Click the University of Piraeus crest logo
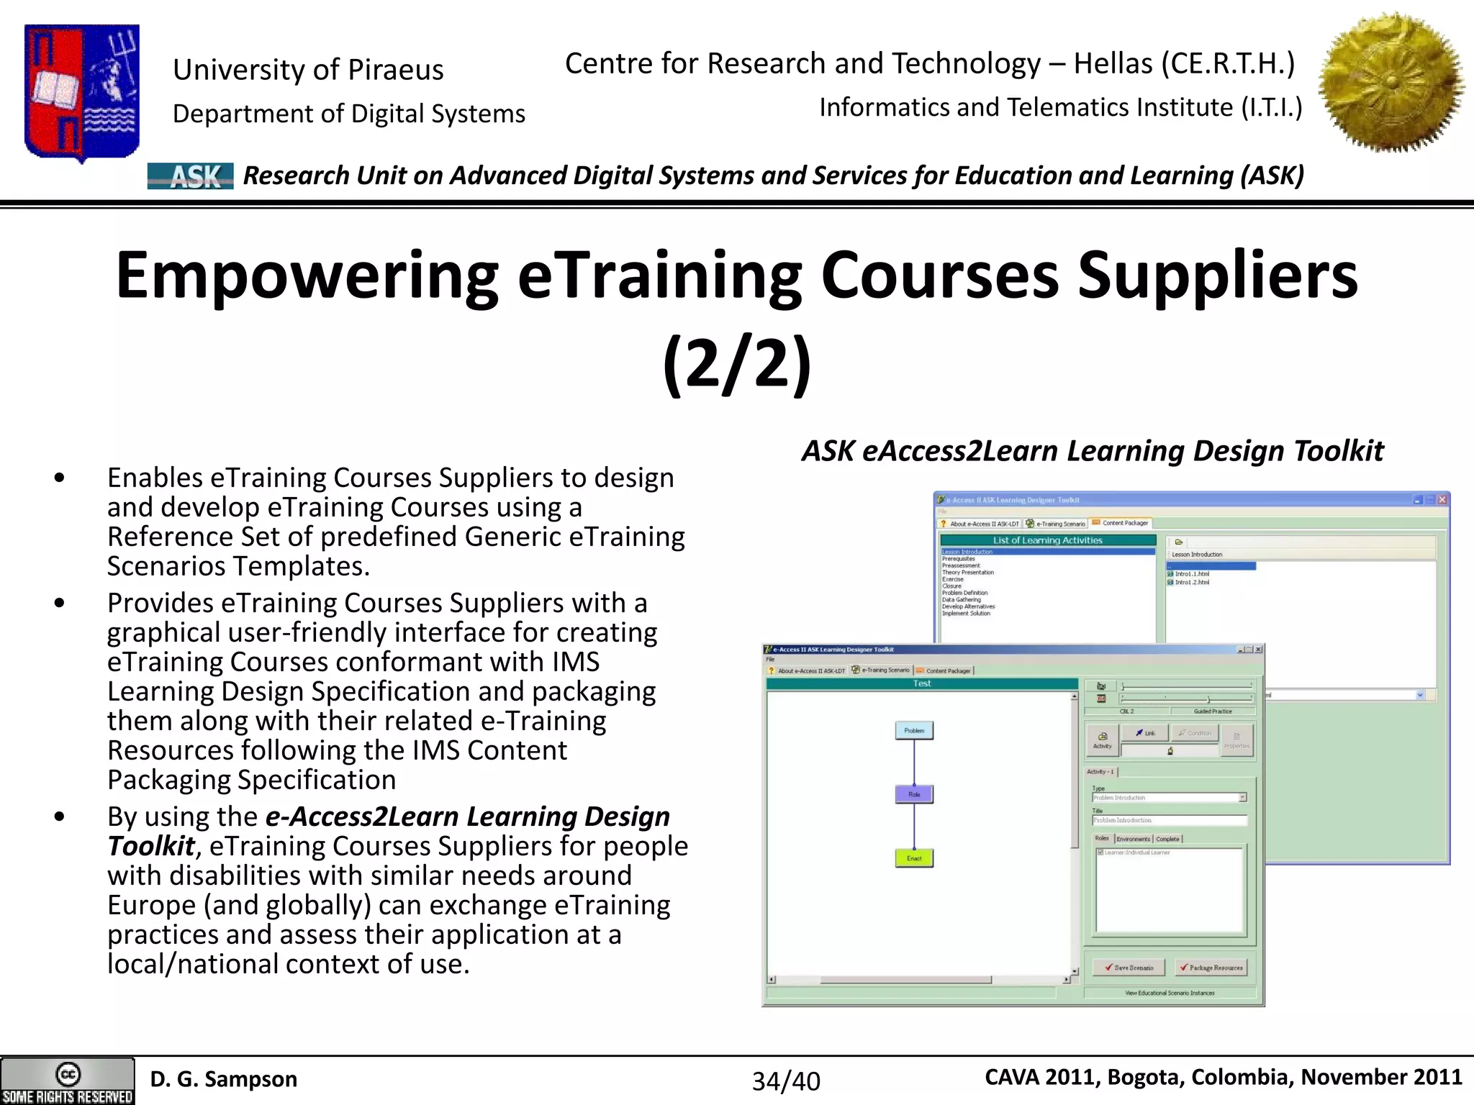point(81,92)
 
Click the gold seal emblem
point(1391,82)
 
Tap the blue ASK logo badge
point(190,176)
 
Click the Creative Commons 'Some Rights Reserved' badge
point(67,1081)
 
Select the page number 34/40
point(786,1081)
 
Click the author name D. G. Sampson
point(223,1079)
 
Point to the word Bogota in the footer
point(1145,1077)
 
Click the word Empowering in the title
point(307,276)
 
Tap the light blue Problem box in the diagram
point(914,731)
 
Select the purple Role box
point(914,794)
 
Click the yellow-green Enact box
point(914,858)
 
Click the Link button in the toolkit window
point(1145,733)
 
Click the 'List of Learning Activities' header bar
point(1047,540)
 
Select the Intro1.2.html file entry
point(1191,582)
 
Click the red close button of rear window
point(1442,499)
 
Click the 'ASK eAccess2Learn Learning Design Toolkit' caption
point(1092,451)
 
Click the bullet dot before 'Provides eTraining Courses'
point(60,603)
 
